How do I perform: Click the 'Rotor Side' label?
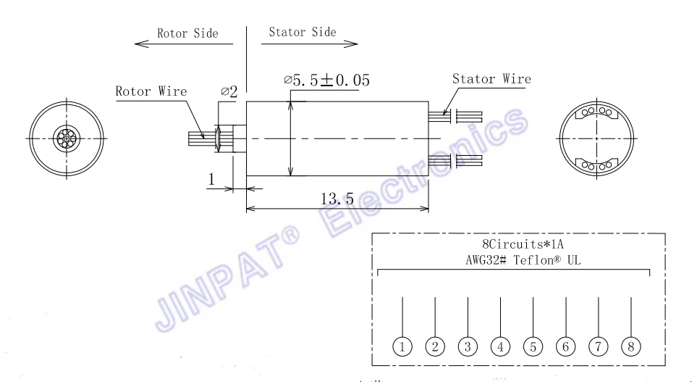coord(187,33)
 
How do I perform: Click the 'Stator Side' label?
coord(303,32)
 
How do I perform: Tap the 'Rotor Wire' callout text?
coord(151,91)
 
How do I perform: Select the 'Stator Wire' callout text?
coord(491,79)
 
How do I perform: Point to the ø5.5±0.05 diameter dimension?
coord(327,80)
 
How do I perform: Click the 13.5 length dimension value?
coord(337,197)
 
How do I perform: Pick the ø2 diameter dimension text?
coord(229,92)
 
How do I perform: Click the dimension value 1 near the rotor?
coord(212,178)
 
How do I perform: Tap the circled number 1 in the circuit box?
coord(402,346)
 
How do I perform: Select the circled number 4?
coord(500,346)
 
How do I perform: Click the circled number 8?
coord(631,346)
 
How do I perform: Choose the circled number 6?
coord(566,346)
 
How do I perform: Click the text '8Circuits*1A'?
coord(518,245)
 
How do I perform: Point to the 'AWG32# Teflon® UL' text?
coord(518,260)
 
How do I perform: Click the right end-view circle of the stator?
coord(597,138)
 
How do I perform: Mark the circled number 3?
coord(468,346)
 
